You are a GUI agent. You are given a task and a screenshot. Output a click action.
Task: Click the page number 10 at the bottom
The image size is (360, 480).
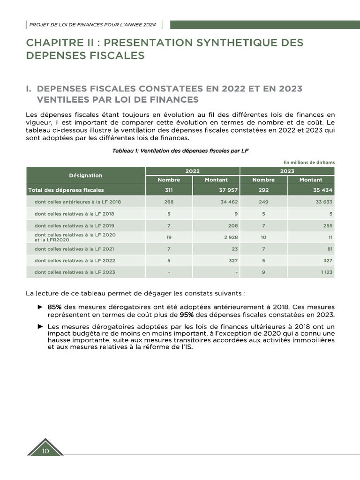point(45,451)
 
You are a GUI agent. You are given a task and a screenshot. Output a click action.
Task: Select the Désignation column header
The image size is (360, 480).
point(85,175)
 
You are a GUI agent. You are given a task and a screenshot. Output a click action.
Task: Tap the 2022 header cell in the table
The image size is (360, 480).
point(192,171)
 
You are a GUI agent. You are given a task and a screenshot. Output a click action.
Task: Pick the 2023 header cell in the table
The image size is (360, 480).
point(287,171)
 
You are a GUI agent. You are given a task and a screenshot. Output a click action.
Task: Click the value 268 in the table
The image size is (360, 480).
point(169,202)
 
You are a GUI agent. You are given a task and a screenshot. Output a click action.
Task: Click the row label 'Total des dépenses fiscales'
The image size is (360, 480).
point(66,190)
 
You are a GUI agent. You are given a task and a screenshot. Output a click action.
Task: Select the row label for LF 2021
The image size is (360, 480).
point(74,249)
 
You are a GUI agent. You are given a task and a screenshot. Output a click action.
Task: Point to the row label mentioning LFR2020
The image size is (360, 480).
point(75,237)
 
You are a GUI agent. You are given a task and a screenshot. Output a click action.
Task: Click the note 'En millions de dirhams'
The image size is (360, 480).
point(309,163)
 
